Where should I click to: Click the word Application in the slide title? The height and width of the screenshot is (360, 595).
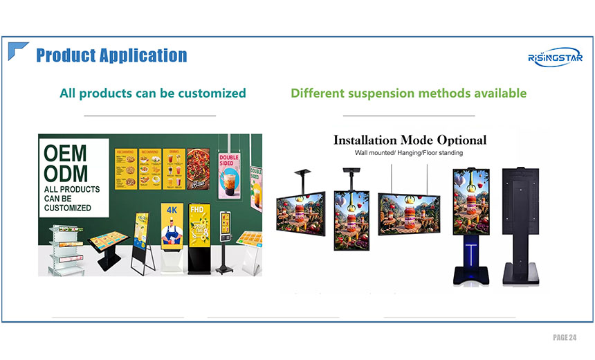pos(144,55)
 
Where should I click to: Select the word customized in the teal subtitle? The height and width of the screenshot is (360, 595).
pos(212,93)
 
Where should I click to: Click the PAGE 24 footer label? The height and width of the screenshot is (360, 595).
pos(564,337)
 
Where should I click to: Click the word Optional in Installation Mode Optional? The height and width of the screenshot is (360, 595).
pos(457,140)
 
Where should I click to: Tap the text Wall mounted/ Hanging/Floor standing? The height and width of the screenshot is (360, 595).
pos(409,152)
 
